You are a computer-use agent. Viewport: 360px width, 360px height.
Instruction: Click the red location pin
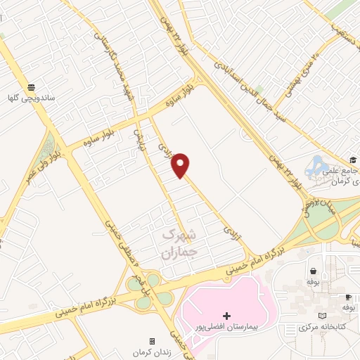(181, 165)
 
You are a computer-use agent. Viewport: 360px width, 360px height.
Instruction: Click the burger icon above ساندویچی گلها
(32, 87)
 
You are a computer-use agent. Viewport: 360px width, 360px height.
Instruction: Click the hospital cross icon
(226, 316)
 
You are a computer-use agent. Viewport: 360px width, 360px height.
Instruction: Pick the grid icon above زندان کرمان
(151, 341)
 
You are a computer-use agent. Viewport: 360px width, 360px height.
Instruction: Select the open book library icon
(322, 316)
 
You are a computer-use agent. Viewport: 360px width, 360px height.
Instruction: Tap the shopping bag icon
(312, 271)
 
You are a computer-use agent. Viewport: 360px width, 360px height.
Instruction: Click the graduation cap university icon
(352, 160)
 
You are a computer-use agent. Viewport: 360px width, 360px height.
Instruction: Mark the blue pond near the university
(314, 169)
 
